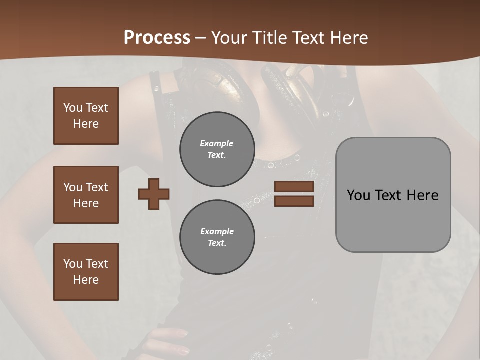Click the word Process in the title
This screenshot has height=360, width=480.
point(157,38)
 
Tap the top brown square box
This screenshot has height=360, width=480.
point(86,116)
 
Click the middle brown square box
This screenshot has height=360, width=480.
point(86,195)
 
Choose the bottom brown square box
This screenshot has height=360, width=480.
point(86,272)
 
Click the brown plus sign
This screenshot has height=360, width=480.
point(154,194)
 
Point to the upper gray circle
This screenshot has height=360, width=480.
point(217,149)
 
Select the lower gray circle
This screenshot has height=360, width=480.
point(217,237)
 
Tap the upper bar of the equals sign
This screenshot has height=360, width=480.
point(294,187)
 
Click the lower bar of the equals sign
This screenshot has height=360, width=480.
point(294,201)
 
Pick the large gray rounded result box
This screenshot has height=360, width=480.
point(393,195)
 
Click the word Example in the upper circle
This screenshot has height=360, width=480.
point(217,143)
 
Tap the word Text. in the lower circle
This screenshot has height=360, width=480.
point(217,243)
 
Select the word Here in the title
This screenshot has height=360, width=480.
point(348,38)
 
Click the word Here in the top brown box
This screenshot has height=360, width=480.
point(86,124)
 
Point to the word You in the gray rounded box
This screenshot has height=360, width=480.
point(359,195)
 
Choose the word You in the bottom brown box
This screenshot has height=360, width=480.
point(73,264)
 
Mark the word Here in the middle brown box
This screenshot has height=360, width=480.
point(86,203)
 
